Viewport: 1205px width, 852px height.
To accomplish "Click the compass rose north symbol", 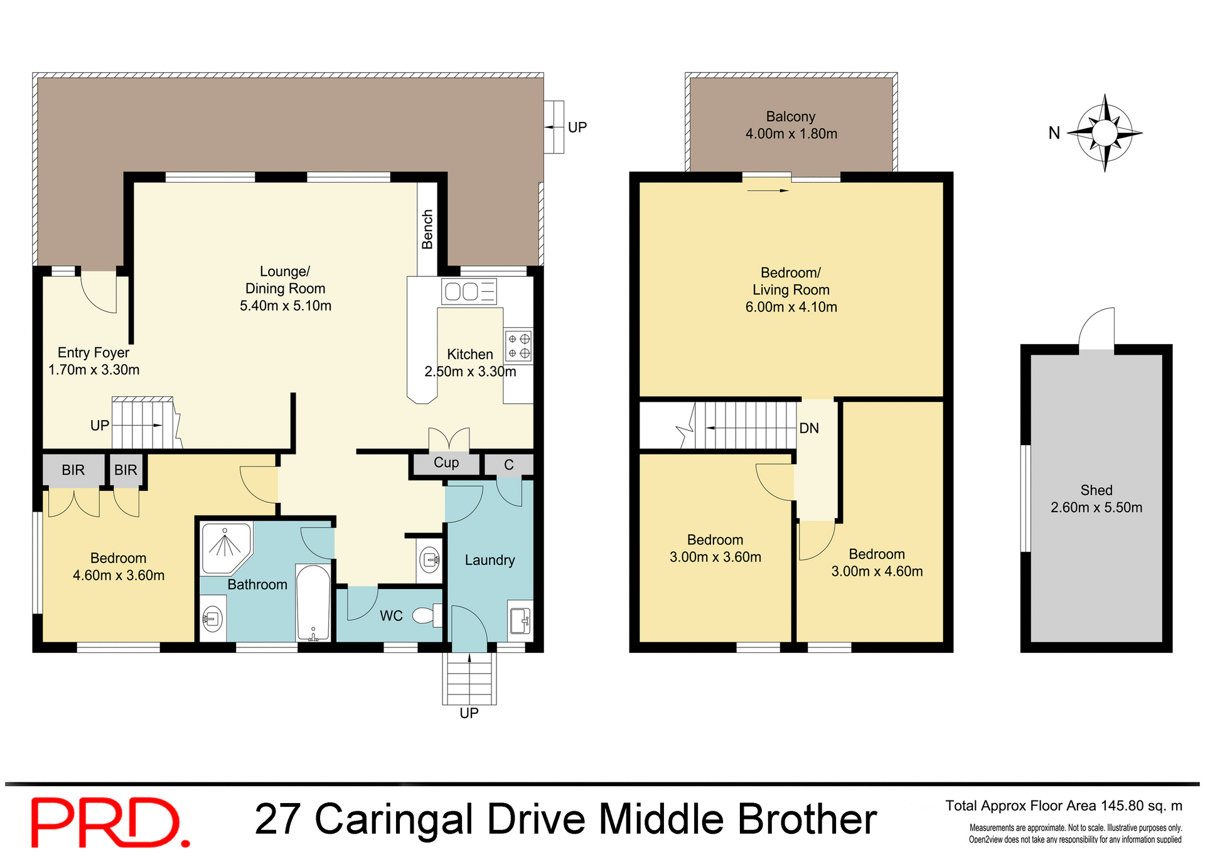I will tap(1105, 132).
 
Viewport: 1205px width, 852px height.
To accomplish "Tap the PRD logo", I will tap(110, 821).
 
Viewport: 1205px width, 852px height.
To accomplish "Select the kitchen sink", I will tap(469, 291).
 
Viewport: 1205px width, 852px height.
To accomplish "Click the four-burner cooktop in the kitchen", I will tap(518, 346).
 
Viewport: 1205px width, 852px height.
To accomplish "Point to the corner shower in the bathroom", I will tap(226, 547).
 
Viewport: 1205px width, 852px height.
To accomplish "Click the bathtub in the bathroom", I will tap(313, 603).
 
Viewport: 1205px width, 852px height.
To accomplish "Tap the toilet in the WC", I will tap(427, 615).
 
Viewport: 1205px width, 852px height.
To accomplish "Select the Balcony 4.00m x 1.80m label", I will tap(791, 125).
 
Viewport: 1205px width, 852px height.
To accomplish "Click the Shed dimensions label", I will tap(1096, 507).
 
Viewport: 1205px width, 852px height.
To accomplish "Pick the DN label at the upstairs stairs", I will tap(809, 428).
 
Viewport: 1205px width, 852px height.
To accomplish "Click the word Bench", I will tap(427, 229).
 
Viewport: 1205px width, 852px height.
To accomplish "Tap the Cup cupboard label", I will tap(446, 463).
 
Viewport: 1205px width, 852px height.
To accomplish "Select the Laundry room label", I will tap(490, 560).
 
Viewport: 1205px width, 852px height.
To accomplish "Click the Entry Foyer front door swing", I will tap(99, 293).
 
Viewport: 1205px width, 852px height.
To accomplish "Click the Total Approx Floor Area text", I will tap(1063, 806).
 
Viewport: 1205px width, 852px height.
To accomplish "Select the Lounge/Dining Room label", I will tap(286, 288).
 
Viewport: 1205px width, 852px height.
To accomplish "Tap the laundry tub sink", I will tap(520, 620).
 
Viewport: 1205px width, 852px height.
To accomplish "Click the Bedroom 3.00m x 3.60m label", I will tap(715, 548).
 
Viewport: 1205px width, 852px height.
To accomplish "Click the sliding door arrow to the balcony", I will tap(768, 190).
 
